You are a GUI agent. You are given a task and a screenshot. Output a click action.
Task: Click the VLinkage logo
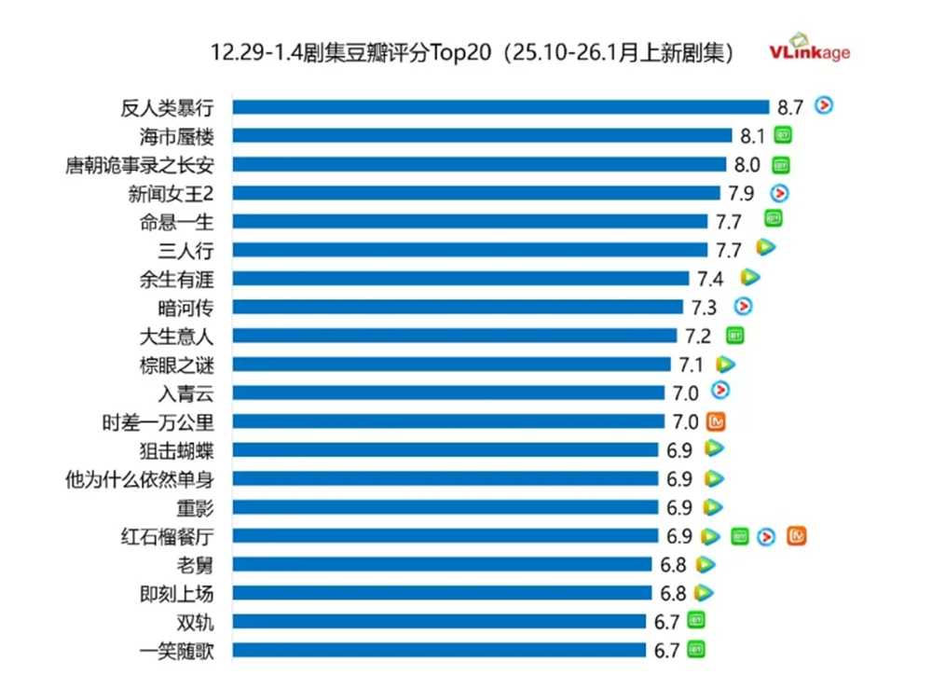point(809,48)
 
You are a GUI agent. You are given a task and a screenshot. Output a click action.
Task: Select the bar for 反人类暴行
point(500,107)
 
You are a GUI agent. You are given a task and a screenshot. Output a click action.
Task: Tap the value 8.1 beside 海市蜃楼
point(752,136)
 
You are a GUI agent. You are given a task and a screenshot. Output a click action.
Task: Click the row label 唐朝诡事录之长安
point(139,165)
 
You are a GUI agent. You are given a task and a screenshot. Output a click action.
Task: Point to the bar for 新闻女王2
point(476,193)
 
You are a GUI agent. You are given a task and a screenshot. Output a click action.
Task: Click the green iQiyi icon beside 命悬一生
point(773,219)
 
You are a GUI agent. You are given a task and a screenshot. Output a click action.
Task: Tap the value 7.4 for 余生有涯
point(710,279)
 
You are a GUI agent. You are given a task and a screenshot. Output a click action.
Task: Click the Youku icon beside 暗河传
point(743,306)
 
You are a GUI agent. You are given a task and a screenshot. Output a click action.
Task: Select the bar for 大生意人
point(455,336)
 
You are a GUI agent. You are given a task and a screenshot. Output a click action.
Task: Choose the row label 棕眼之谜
point(176,365)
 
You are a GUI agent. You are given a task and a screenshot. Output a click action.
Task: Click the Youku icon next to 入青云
point(720,392)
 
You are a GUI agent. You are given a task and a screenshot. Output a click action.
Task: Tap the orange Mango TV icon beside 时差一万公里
point(716,421)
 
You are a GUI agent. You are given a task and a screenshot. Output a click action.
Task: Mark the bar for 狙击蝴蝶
point(445,450)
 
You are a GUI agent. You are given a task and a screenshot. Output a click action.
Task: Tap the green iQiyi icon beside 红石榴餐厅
point(740,536)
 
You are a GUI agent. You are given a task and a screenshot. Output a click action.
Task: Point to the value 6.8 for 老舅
point(673,565)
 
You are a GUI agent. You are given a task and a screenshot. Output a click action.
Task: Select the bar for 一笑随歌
point(439,650)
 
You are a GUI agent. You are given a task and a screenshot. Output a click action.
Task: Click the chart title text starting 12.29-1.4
point(472,53)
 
